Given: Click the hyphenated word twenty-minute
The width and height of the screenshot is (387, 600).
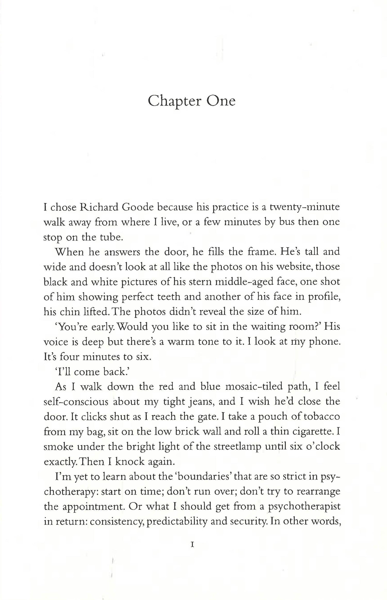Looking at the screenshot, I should pos(304,207).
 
